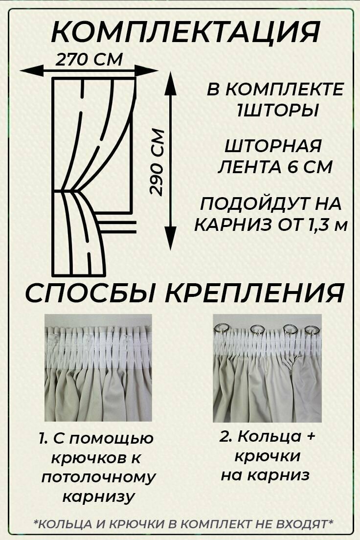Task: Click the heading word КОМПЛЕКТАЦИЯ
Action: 185,33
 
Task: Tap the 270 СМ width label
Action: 89,60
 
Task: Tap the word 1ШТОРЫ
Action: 277,111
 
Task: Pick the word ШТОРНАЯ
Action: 273,146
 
